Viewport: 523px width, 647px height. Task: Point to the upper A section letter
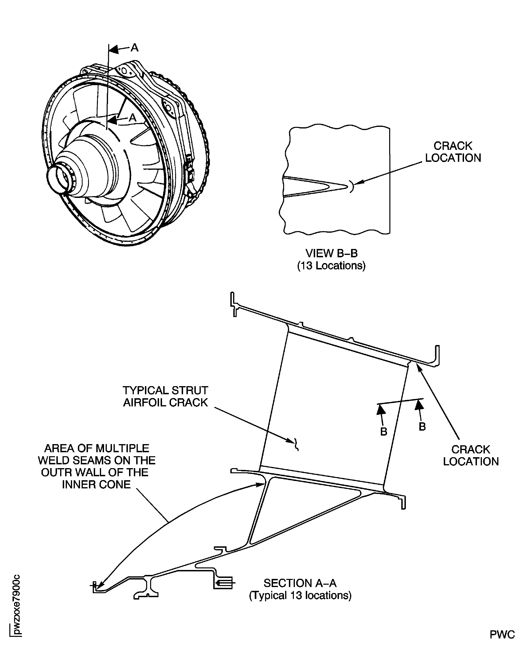(134, 48)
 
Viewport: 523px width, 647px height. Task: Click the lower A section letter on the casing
(133, 118)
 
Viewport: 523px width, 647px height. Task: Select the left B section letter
(383, 432)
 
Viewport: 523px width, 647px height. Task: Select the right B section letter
(422, 426)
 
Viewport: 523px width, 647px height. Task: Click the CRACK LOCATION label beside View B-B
(453, 152)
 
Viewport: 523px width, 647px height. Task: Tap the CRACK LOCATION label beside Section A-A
(471, 455)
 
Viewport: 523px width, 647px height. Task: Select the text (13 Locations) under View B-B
(331, 266)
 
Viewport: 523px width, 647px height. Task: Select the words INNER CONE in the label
(96, 484)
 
